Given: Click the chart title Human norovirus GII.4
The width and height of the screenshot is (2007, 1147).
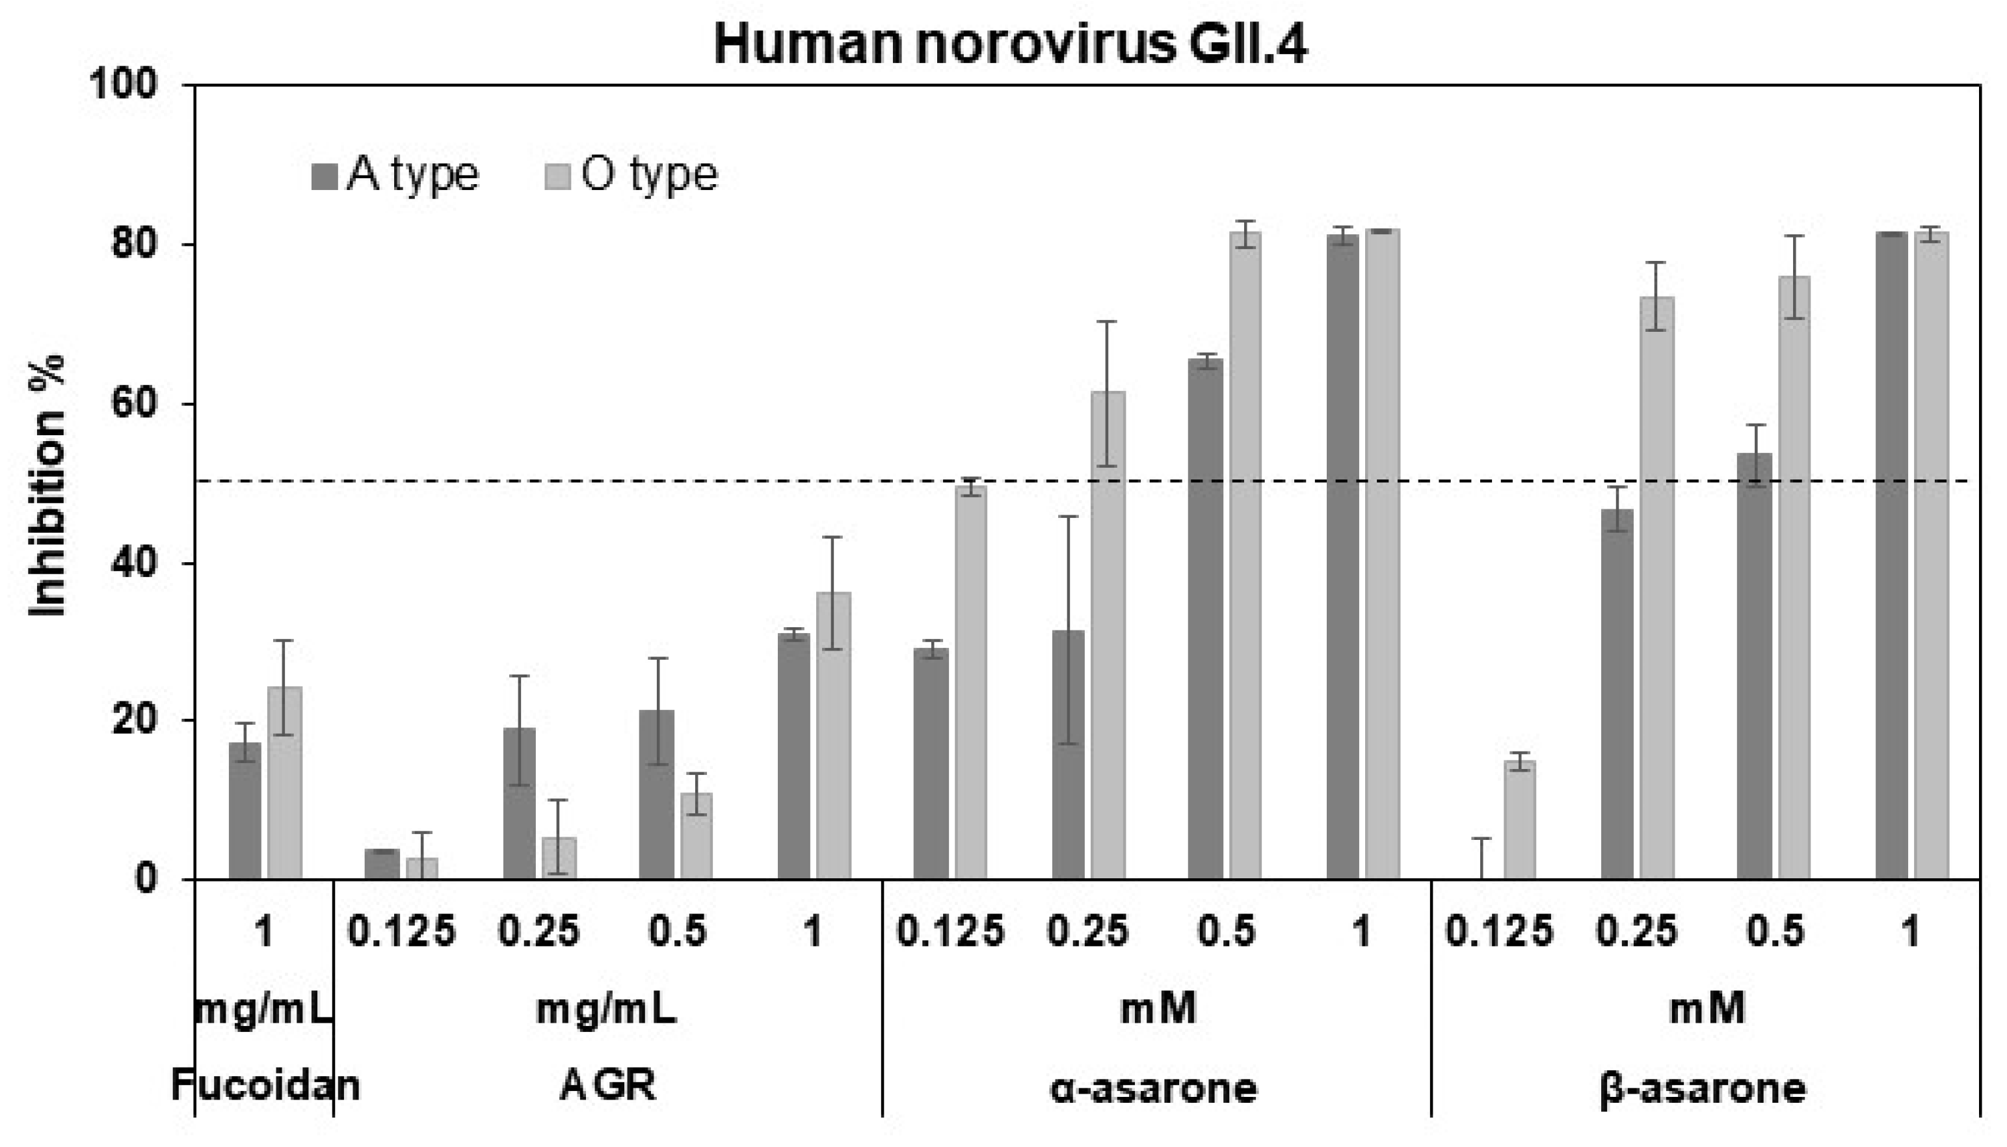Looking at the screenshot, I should (x=1010, y=46).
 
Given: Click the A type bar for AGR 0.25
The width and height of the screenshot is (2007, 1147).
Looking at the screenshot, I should (x=519, y=803).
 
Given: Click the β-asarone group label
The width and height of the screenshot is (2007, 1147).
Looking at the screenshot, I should (x=1703, y=1088).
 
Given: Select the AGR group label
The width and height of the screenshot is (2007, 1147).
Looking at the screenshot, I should (x=607, y=1087).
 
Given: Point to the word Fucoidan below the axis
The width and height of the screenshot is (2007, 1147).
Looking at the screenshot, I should (x=265, y=1086).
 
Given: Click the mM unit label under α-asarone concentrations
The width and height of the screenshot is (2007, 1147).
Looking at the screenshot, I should (x=1158, y=1008).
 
